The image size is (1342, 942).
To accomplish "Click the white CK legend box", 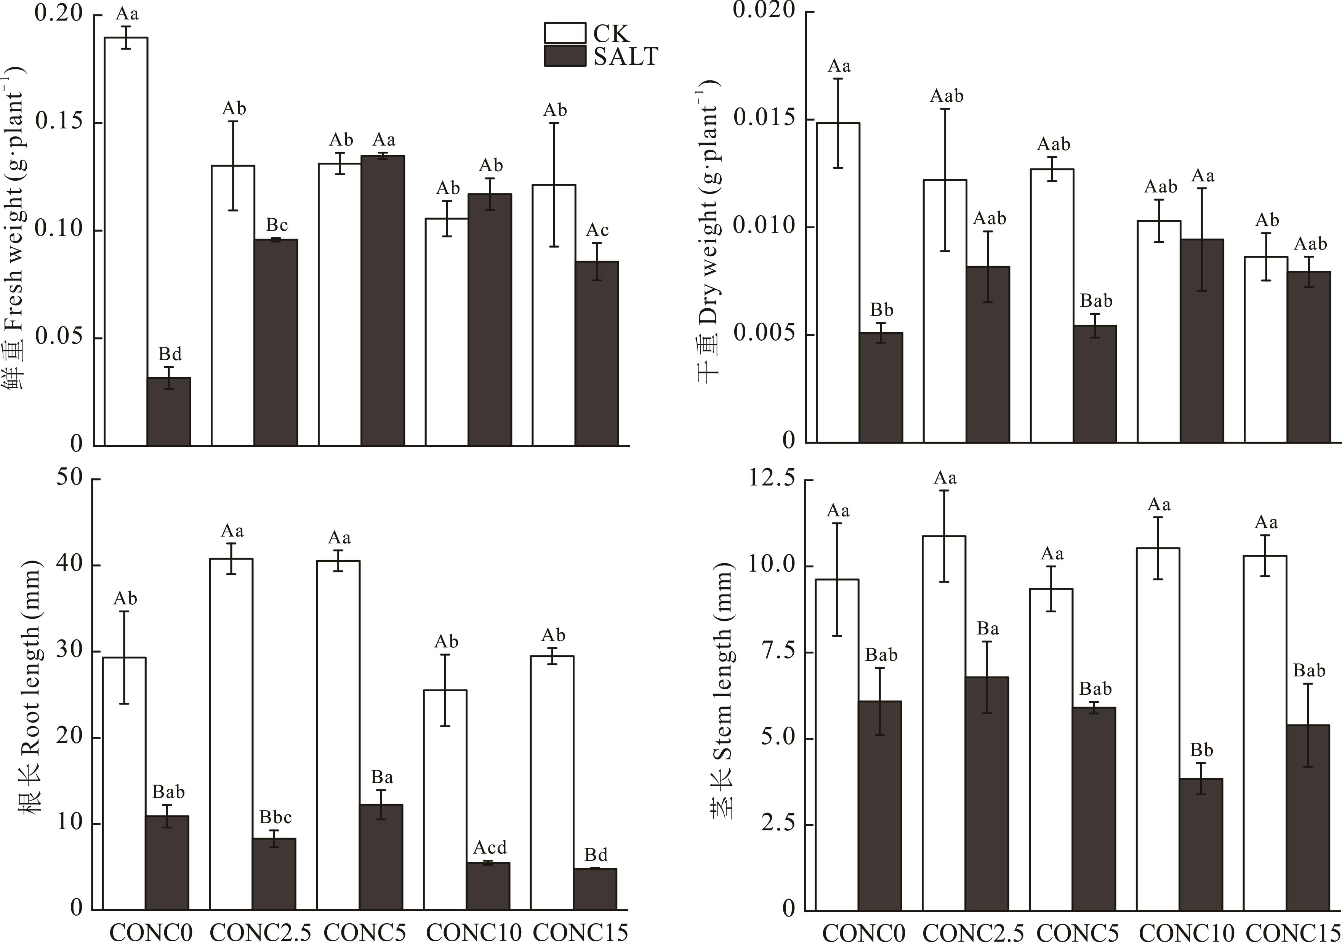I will (565, 33).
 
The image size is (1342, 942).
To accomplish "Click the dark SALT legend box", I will (565, 56).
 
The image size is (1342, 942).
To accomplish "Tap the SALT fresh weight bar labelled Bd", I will (168, 412).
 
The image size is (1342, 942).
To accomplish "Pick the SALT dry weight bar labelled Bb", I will (881, 387).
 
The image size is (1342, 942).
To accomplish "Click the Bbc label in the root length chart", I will (275, 817).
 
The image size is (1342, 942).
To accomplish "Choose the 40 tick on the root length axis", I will (69, 565).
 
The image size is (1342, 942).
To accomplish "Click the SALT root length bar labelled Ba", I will (381, 857).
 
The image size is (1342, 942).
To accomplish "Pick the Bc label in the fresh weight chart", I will (277, 225).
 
